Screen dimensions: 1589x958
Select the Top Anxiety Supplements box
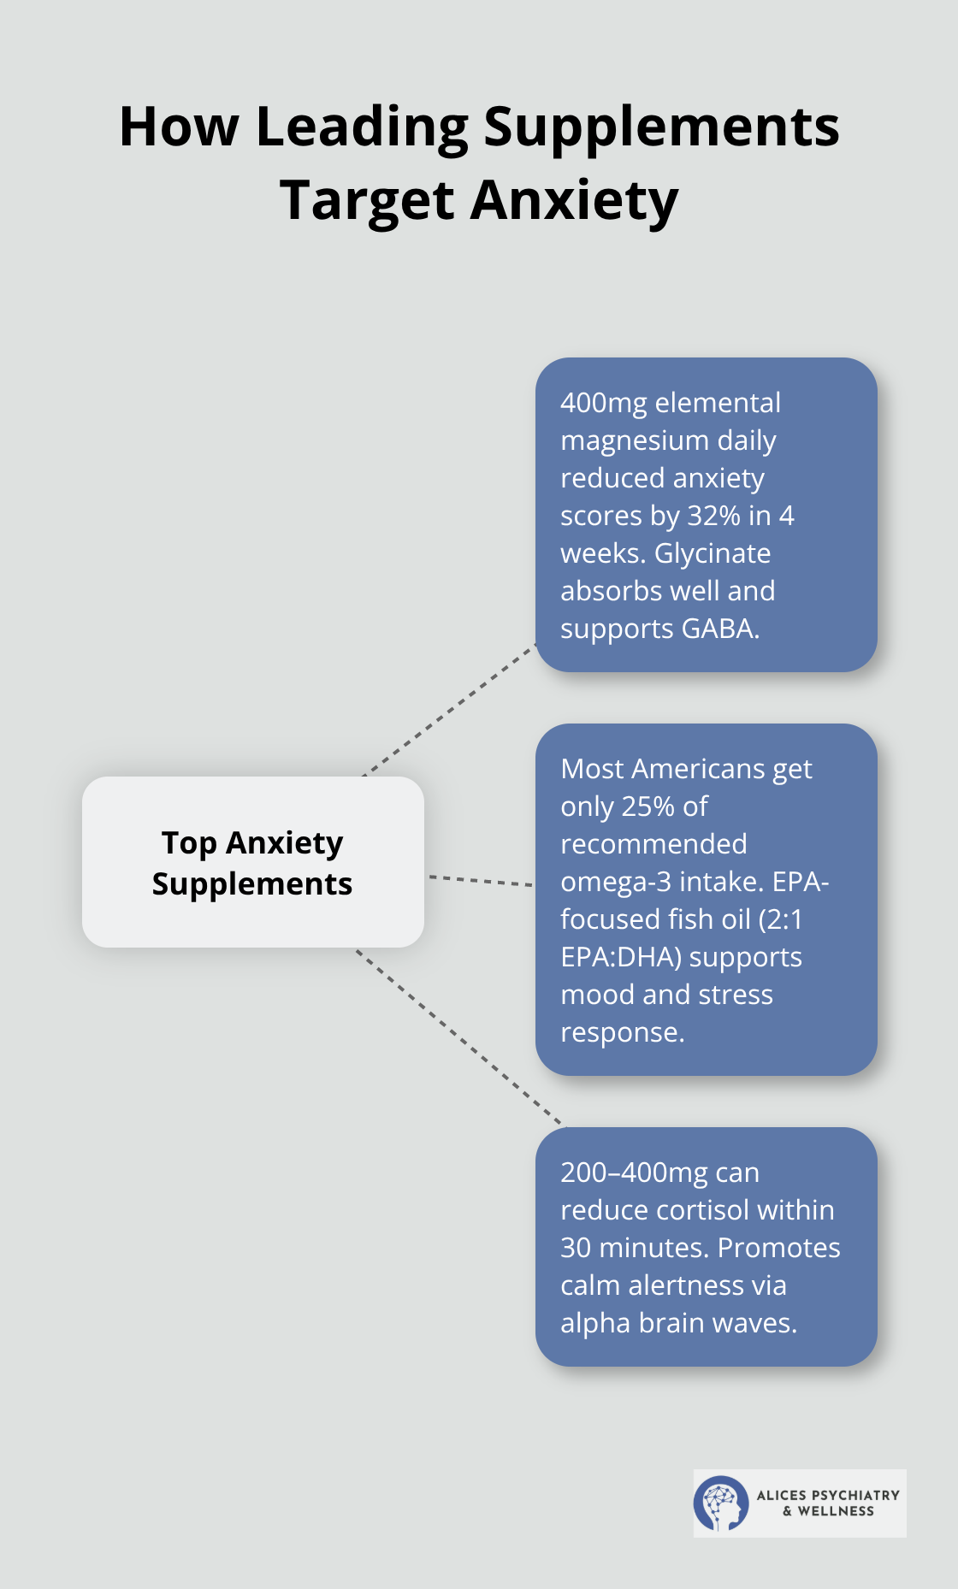(x=252, y=862)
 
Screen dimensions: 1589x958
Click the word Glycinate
(x=713, y=553)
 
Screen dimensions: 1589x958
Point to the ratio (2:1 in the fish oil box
(x=781, y=919)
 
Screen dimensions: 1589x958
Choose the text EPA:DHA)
(x=621, y=957)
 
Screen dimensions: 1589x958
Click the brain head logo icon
(x=721, y=1503)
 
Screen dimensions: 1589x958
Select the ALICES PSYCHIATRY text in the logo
(x=828, y=1495)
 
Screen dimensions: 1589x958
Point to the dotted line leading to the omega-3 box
(x=480, y=880)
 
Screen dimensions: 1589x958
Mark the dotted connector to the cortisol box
(x=458, y=1037)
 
